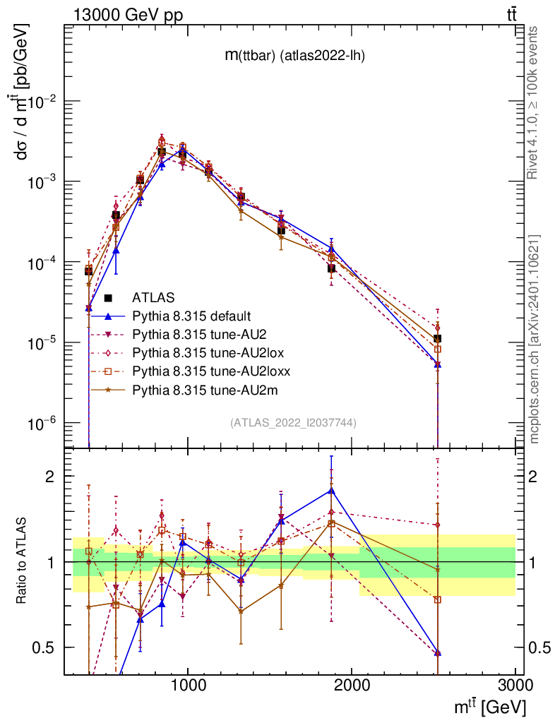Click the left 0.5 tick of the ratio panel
tap(47, 647)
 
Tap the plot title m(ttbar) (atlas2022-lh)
tap(295, 56)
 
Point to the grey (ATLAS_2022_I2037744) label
tap(293, 423)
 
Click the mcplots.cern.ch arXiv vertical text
tap(535, 339)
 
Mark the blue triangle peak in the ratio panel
tap(331, 490)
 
